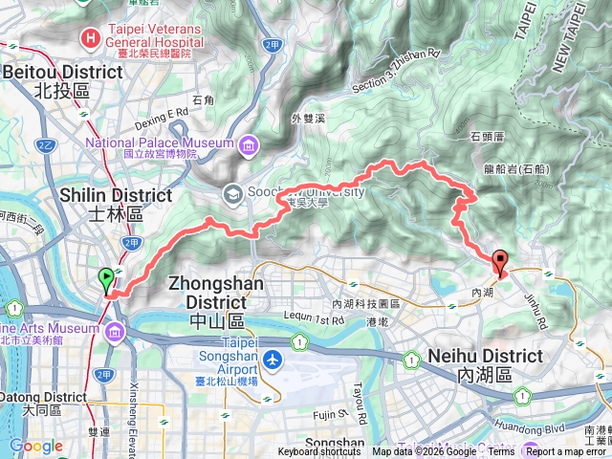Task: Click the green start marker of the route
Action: pos(106,280)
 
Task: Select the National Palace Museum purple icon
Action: pos(248,145)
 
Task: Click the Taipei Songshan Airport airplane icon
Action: pos(274,361)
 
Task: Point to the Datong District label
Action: pos(43,397)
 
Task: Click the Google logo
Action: pos(35,446)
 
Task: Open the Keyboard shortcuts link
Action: pos(319,452)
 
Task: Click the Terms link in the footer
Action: pos(501,452)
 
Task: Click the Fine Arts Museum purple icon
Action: pos(115,332)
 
